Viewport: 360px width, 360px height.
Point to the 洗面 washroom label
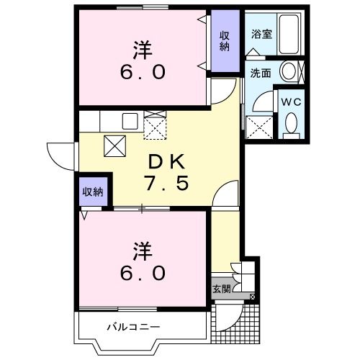pyautogui.click(x=260, y=73)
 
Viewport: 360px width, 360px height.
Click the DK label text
pyautogui.click(x=168, y=161)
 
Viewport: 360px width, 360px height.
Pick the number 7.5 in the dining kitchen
pyautogui.click(x=168, y=184)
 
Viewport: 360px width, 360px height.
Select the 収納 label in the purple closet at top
pyautogui.click(x=225, y=42)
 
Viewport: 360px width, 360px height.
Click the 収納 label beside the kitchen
pyautogui.click(x=92, y=192)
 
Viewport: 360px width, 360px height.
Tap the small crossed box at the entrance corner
pyautogui.click(x=251, y=296)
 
